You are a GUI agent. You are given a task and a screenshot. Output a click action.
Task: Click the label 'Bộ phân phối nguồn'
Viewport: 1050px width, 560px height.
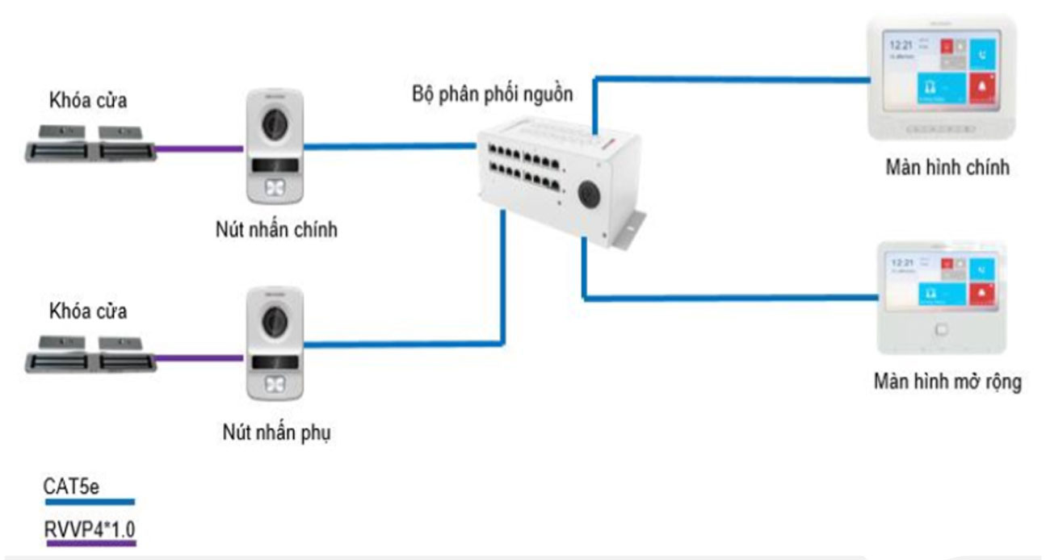[x=492, y=94]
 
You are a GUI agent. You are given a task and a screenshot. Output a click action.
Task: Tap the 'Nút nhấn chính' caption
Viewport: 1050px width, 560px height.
[x=271, y=230]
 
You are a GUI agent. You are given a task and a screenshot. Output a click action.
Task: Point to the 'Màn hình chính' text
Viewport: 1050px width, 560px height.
[x=947, y=168]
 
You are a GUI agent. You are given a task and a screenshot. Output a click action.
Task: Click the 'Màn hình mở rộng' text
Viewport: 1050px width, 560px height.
[x=947, y=381]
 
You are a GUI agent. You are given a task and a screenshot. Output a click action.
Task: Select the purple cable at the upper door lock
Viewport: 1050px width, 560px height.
[x=198, y=148]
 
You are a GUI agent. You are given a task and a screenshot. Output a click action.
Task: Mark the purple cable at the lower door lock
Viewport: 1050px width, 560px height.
[x=199, y=356]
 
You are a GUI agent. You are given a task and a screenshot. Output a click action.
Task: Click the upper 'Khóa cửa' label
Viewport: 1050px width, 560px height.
[x=88, y=102]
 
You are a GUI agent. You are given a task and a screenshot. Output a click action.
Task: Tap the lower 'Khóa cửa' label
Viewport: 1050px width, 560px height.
[x=88, y=311]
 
